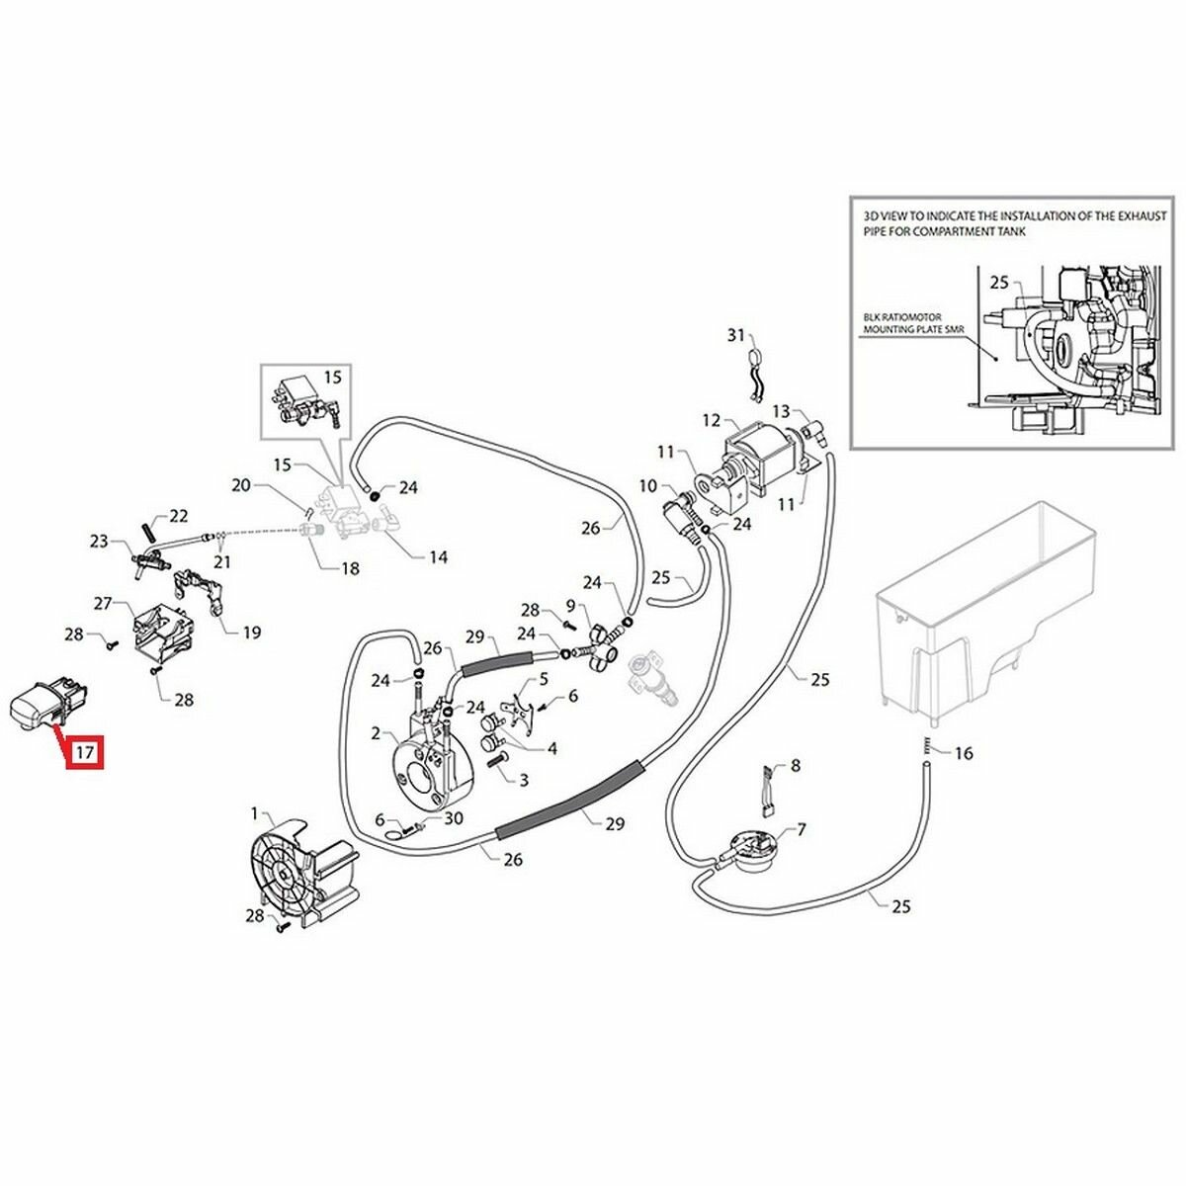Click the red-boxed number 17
tap(85, 753)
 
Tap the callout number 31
tap(735, 336)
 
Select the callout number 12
tap(712, 420)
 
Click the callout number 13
tap(781, 411)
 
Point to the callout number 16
tap(964, 753)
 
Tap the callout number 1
tap(255, 814)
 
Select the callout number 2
tap(377, 733)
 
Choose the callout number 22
tap(178, 515)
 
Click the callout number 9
tap(570, 605)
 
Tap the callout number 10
tap(648, 485)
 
